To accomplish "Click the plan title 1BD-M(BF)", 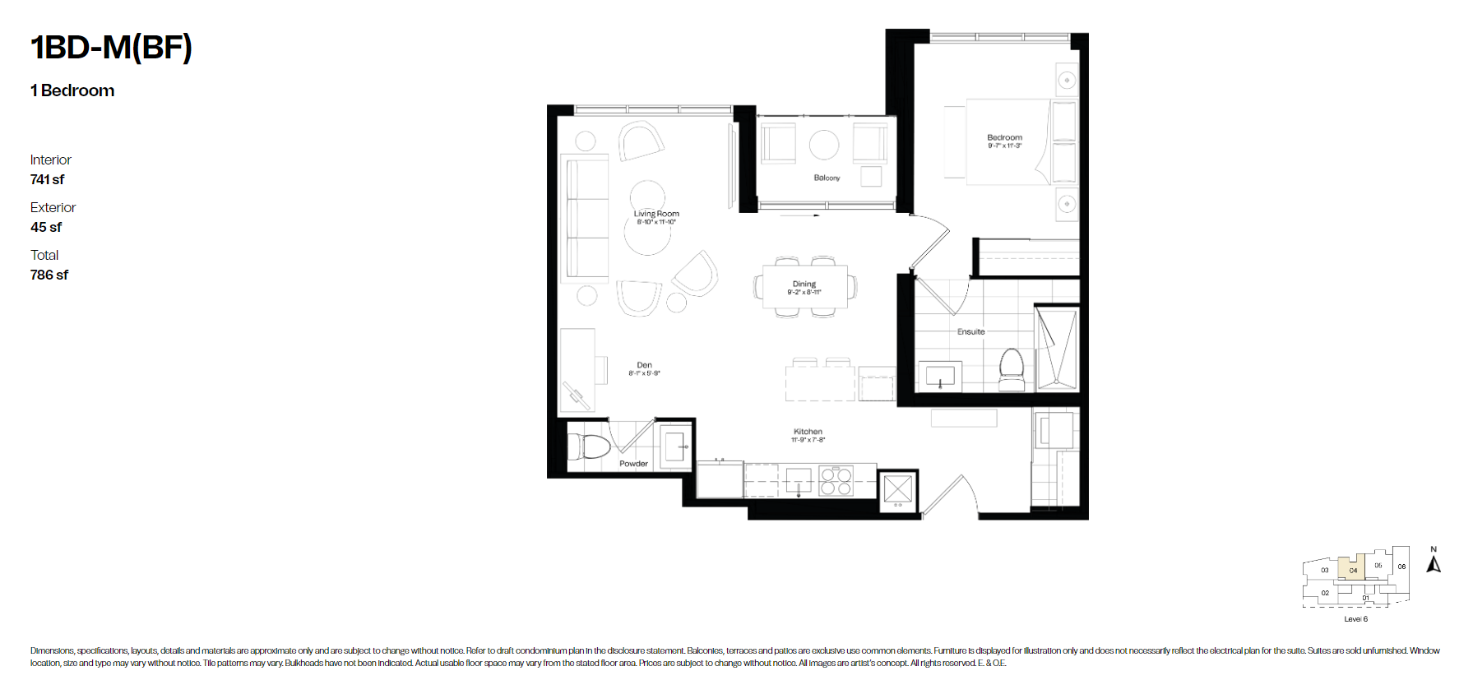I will pos(111,48).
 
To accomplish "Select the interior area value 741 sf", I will pos(47,179).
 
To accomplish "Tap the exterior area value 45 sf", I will pos(46,227).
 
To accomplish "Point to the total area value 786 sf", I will pos(49,275).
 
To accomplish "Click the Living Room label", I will pos(656,214).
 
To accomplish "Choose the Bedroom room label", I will pos(1004,137).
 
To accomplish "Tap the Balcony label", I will pos(827,178).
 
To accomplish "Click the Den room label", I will pos(644,365).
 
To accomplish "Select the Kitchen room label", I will pos(808,432).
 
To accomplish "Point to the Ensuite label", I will pos(970,331).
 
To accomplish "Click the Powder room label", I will pos(633,464).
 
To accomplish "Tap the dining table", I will pos(804,286).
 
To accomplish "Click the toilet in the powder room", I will pos(589,446).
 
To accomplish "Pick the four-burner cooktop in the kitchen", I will pos(836,481).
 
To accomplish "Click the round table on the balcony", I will pos(824,145).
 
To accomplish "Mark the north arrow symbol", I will pos(1434,563).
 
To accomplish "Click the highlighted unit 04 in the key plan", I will pos(1353,569).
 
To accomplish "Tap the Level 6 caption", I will pos(1355,619).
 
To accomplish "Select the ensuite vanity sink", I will pos(940,377).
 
